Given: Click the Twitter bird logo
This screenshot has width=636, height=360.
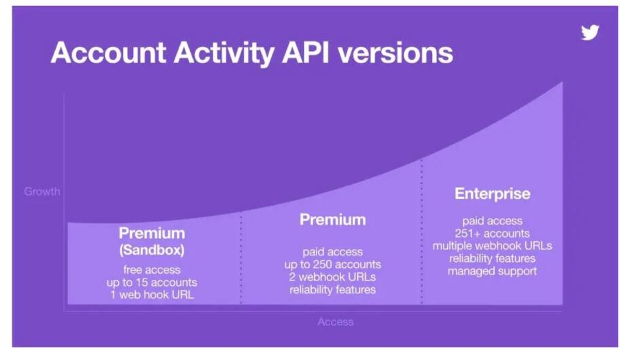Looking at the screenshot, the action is (x=590, y=33).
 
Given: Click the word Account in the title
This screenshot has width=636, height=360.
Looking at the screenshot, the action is (x=108, y=53).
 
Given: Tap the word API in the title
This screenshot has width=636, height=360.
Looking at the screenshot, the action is (x=305, y=53).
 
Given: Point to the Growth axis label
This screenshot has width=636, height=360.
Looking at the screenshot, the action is (x=42, y=192).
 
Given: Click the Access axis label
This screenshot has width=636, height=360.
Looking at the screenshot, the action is (x=336, y=322).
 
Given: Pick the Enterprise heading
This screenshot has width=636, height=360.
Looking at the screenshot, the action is (x=493, y=194).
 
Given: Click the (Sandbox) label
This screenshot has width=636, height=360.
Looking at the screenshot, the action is (x=152, y=250).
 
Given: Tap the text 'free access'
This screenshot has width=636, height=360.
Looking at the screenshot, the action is (x=152, y=270).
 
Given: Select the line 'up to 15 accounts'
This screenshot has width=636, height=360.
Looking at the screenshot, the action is (x=152, y=282).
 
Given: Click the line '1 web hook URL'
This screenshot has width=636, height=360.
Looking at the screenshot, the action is (x=152, y=295).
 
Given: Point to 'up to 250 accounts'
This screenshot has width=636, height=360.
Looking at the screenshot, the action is (x=332, y=265).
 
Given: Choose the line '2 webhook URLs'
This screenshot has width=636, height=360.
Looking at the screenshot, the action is (x=332, y=277).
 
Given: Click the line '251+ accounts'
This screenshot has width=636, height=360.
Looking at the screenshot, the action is (x=493, y=234).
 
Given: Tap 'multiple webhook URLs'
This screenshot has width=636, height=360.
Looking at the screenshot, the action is (x=493, y=246).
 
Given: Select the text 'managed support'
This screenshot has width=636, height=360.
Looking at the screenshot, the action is (x=493, y=271).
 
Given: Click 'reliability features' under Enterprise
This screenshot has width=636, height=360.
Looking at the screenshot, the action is (x=493, y=259).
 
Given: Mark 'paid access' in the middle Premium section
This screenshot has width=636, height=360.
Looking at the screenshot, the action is (x=332, y=252).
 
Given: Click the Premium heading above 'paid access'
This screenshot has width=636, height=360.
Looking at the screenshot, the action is (x=332, y=219).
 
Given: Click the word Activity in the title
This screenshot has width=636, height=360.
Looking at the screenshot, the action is (x=224, y=53).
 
